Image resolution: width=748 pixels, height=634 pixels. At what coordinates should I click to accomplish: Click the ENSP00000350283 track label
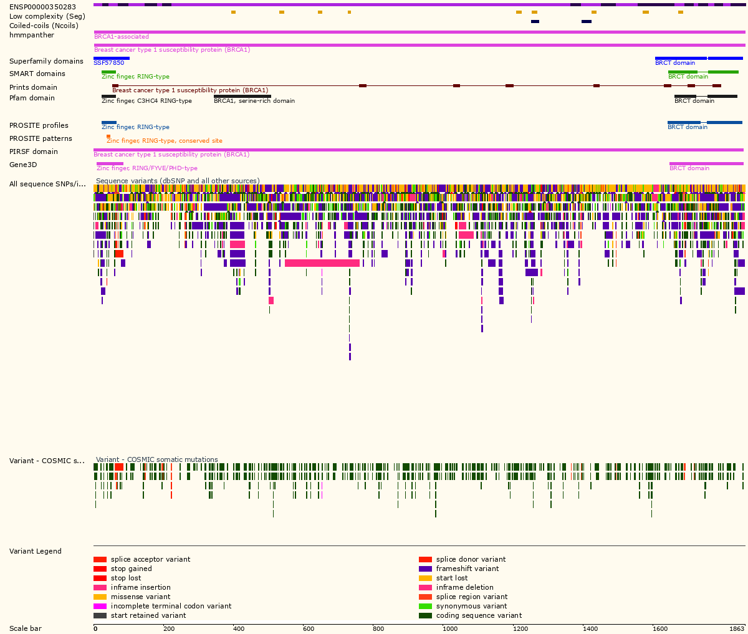tap(42, 7)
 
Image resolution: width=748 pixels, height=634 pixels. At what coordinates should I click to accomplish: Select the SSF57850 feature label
tap(108, 63)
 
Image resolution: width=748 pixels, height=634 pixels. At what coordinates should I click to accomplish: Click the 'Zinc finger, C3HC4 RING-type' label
tap(146, 101)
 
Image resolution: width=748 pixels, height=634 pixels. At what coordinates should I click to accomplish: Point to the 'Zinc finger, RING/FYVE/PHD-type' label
tap(146, 168)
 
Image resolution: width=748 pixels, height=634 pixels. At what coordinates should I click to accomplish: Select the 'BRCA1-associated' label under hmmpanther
tap(121, 37)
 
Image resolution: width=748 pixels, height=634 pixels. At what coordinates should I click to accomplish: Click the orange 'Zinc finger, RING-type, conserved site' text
tap(164, 141)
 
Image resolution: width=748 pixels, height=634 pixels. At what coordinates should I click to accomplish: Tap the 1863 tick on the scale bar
tap(737, 628)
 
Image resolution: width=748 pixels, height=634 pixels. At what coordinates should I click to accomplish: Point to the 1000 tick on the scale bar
tap(449, 628)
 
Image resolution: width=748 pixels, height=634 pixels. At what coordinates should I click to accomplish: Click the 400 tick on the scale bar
tap(239, 628)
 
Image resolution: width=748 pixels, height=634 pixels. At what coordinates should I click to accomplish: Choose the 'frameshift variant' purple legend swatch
tap(425, 569)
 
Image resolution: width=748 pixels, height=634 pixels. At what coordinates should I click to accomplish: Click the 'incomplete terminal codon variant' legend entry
tap(171, 606)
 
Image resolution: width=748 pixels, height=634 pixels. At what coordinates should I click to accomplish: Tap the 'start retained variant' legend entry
tap(148, 615)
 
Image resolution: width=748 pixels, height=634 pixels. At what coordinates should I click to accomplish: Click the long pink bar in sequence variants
tap(322, 263)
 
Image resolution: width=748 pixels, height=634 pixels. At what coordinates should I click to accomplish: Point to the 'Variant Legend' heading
tap(36, 551)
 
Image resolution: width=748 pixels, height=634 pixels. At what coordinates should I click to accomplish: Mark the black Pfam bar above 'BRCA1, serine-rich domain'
tap(242, 96)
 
